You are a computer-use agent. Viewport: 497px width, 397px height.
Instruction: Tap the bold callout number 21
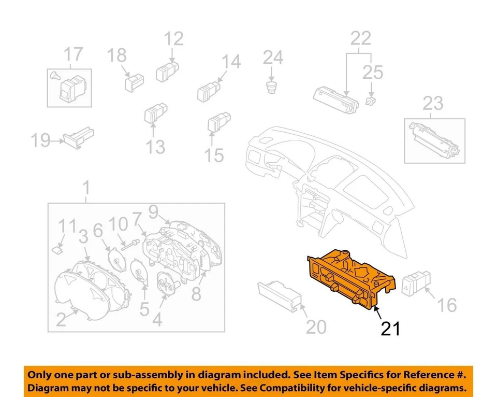[x=391, y=328]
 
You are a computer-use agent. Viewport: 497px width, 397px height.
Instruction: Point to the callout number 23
[x=433, y=104]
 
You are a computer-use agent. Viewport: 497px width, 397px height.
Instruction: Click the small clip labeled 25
[x=370, y=99]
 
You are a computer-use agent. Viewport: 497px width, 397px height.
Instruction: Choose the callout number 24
[x=272, y=58]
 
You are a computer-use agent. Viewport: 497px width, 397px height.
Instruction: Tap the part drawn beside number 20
[x=280, y=294]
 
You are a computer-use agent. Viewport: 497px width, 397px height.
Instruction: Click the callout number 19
[x=40, y=140]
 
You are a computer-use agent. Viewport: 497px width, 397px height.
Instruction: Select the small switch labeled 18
[x=133, y=81]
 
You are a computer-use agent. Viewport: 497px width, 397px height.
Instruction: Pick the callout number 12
[x=174, y=39]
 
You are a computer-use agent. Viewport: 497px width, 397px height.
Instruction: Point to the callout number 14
[x=231, y=62]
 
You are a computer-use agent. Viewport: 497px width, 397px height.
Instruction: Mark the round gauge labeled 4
[x=167, y=286]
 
